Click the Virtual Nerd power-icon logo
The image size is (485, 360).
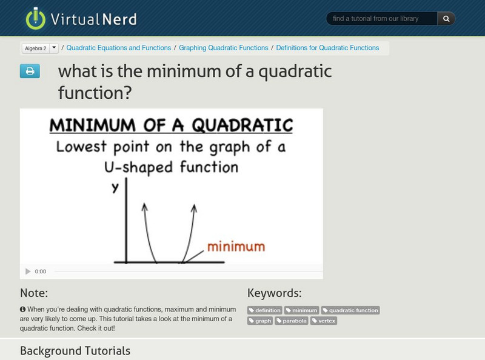click(x=36, y=19)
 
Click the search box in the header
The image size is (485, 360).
click(x=382, y=19)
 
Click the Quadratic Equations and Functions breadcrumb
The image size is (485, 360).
click(x=118, y=48)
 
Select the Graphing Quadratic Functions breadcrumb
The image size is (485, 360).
click(x=223, y=48)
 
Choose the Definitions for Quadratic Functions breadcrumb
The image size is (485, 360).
click(x=327, y=48)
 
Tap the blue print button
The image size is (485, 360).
click(x=30, y=72)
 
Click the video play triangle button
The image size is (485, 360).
click(x=28, y=272)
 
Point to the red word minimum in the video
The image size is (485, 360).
click(x=236, y=247)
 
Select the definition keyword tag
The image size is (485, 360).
click(x=265, y=310)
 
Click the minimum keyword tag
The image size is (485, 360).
click(x=302, y=310)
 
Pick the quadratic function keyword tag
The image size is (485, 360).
click(x=350, y=310)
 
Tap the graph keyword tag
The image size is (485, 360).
click(x=260, y=321)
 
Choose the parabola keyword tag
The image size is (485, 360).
click(x=292, y=321)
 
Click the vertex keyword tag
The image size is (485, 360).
click(x=324, y=321)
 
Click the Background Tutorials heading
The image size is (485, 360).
click(x=75, y=350)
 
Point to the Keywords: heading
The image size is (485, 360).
click(x=274, y=293)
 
